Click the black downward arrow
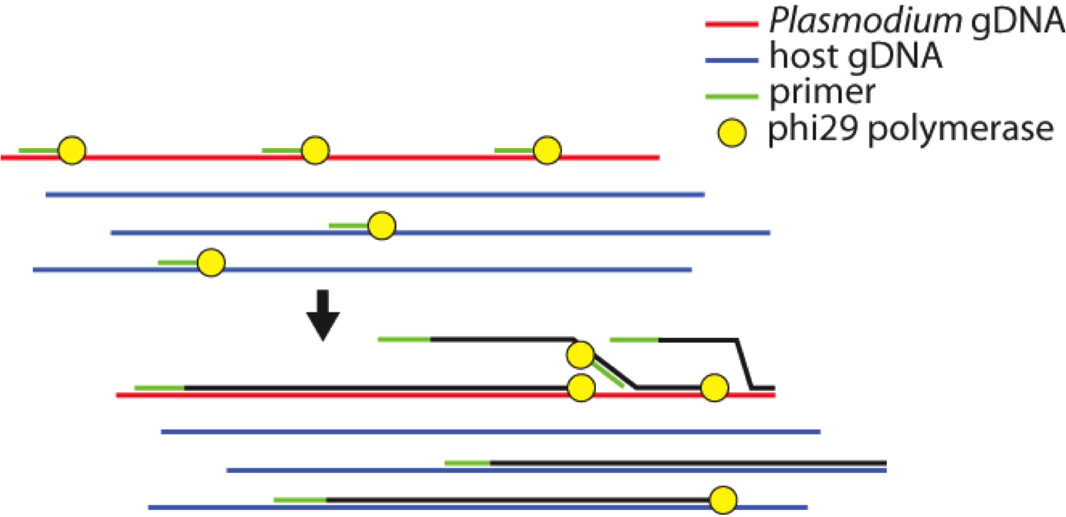point(323,315)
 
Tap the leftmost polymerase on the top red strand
point(72,150)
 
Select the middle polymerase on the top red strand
point(315,150)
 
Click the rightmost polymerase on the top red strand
point(547,150)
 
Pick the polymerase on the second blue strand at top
point(381,226)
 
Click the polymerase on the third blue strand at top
point(211,263)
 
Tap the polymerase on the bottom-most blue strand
point(723,500)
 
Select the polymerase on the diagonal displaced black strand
point(580,356)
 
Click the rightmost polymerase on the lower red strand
point(715,388)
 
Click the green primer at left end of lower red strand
point(159,387)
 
